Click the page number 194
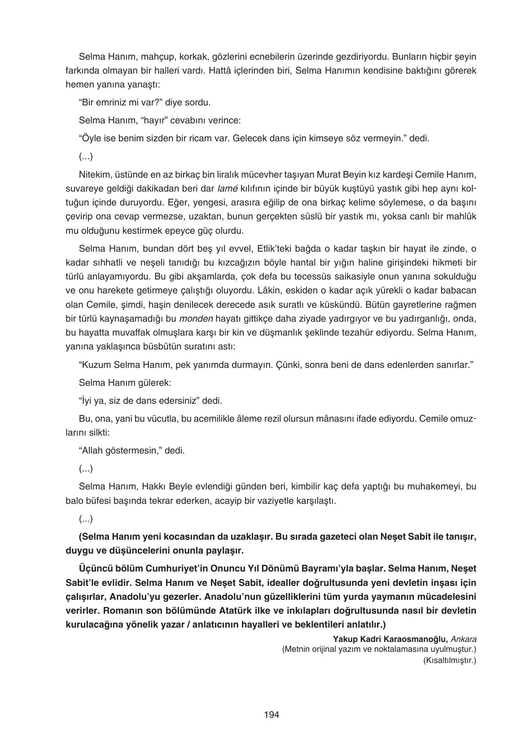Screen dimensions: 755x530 [272, 715]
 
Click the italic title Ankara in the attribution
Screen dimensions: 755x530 [464, 639]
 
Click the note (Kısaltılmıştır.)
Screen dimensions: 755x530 [449, 660]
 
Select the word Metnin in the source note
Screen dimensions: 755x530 [297, 649]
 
